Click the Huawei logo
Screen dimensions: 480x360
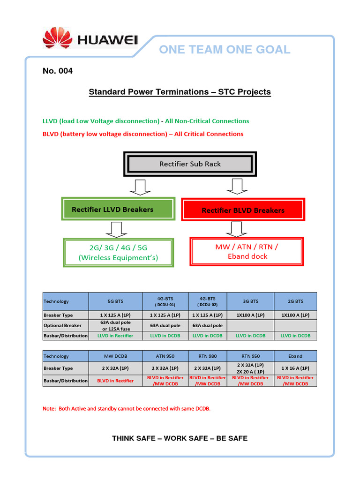point(90,39)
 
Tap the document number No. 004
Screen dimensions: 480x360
point(58,71)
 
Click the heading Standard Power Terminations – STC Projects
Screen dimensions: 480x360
point(180,92)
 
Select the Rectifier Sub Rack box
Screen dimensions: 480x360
point(190,164)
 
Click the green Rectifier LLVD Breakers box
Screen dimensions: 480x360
point(112,210)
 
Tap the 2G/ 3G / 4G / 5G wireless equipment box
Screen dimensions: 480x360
point(118,252)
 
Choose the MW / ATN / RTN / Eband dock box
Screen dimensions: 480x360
point(247,251)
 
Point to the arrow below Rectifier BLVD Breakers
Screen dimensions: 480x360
point(236,228)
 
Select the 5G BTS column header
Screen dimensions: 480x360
point(115,301)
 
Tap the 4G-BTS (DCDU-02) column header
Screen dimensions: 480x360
point(207,301)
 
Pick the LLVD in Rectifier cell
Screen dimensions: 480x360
point(115,336)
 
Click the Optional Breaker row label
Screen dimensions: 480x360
point(62,325)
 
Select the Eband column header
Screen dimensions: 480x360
point(295,356)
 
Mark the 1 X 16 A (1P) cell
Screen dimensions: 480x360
point(295,368)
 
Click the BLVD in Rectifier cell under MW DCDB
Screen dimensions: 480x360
point(115,381)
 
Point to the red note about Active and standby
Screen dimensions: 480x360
point(127,409)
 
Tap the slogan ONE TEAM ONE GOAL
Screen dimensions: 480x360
point(225,50)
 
